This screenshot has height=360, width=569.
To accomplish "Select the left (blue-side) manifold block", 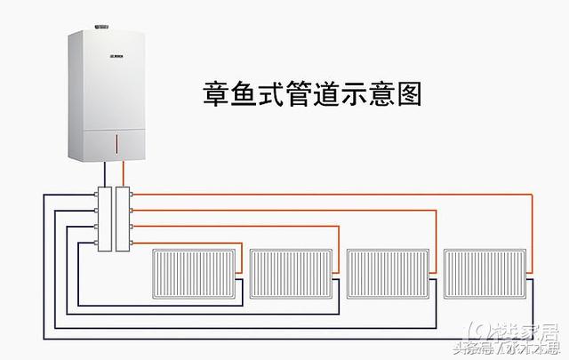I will [106, 218].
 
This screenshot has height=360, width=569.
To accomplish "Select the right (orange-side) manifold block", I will [123, 218].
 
